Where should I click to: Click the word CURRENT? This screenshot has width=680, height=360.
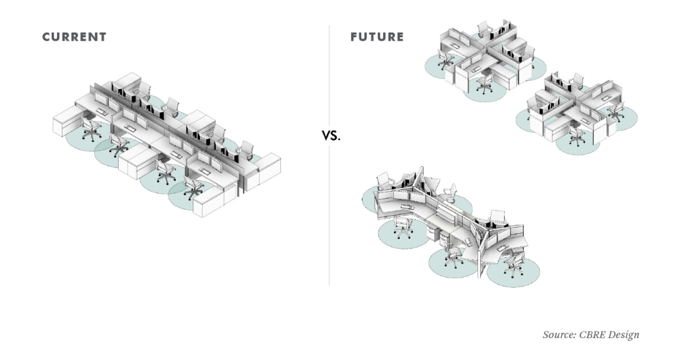pos(74,37)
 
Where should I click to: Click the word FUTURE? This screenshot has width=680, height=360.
pos(377,37)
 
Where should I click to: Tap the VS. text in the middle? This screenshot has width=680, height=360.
pos(331,135)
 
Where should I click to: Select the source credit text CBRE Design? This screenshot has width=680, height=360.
pos(590,335)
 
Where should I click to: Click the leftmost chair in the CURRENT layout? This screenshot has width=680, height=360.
pos(90,126)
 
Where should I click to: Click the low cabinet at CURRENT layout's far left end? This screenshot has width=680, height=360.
pos(66,127)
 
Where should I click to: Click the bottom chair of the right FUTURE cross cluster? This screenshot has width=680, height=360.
pos(576,135)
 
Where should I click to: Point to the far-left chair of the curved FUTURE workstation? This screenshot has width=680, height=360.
pos(384,181)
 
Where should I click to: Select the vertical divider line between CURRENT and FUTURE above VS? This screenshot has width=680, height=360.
pos(330,73)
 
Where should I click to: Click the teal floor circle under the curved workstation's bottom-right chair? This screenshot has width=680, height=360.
pos(514,273)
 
